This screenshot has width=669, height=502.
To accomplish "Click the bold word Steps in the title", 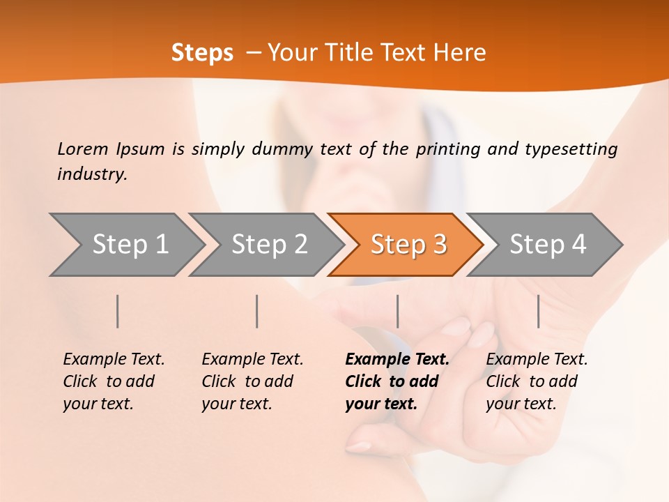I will (202, 53).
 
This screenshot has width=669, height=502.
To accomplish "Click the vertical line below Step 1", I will (117, 311).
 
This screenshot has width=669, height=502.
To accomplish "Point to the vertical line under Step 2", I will (257, 311).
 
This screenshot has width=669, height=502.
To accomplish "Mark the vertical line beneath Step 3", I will (397, 311).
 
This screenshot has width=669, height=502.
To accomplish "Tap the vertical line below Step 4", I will (538, 311).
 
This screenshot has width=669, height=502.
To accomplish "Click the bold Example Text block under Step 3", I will (397, 381).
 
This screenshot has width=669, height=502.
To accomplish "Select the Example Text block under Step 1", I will (114, 381).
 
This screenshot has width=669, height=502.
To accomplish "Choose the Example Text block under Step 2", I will (252, 381).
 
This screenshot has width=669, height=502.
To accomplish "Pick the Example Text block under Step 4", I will (537, 381).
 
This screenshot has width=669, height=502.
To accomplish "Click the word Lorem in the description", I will (83, 149).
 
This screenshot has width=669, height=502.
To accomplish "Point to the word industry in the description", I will (92, 174).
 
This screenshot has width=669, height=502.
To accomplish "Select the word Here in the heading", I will (463, 53).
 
